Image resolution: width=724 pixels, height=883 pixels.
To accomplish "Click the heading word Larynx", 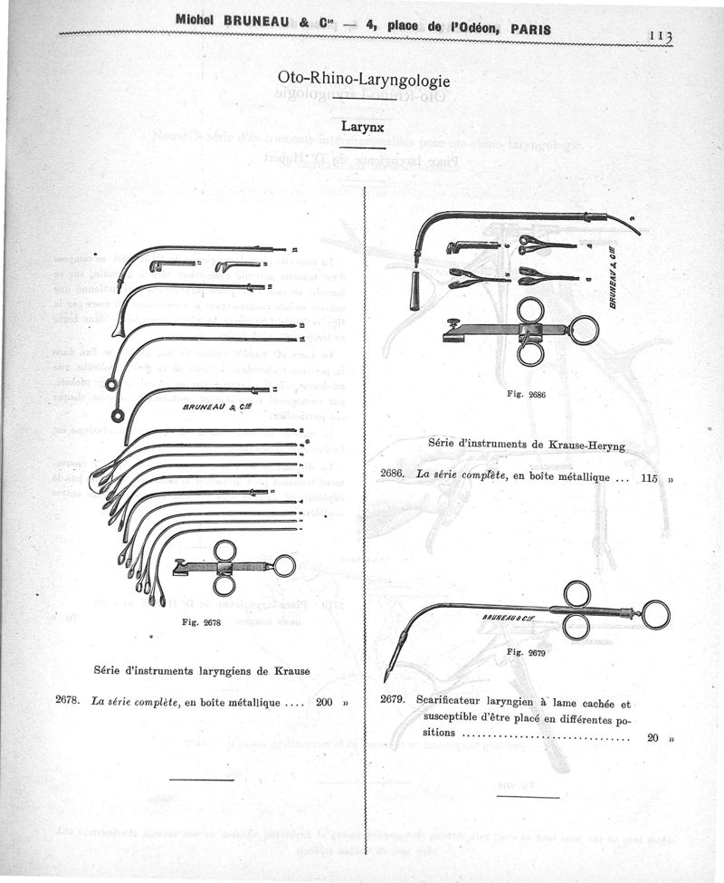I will pyautogui.click(x=362, y=128).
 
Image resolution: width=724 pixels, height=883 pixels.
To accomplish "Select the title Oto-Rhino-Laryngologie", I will pyautogui.click(x=362, y=79).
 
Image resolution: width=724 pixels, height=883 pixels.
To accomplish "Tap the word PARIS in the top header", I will pyautogui.click(x=531, y=27).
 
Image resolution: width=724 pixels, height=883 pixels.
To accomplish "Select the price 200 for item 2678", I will pyautogui.click(x=325, y=701).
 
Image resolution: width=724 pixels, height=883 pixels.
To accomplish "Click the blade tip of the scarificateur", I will pyautogui.click(x=386, y=677).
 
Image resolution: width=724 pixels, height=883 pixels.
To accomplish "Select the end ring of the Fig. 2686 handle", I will pyautogui.click(x=585, y=330).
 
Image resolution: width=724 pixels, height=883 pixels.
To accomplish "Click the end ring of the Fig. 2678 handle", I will pyautogui.click(x=284, y=566).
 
